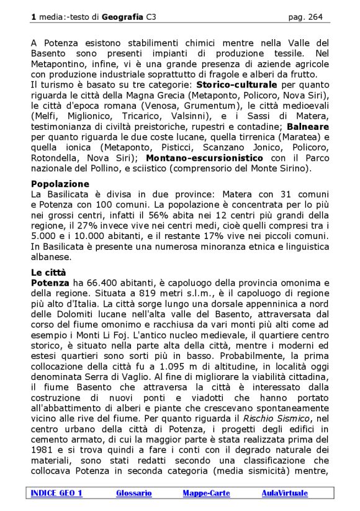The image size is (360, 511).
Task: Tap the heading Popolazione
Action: [60, 184]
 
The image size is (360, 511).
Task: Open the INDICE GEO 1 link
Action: [56, 493]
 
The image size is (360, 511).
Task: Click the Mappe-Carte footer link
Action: [206, 493]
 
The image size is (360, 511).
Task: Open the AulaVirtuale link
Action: [284, 493]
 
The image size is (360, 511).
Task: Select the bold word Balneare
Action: [309, 127]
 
